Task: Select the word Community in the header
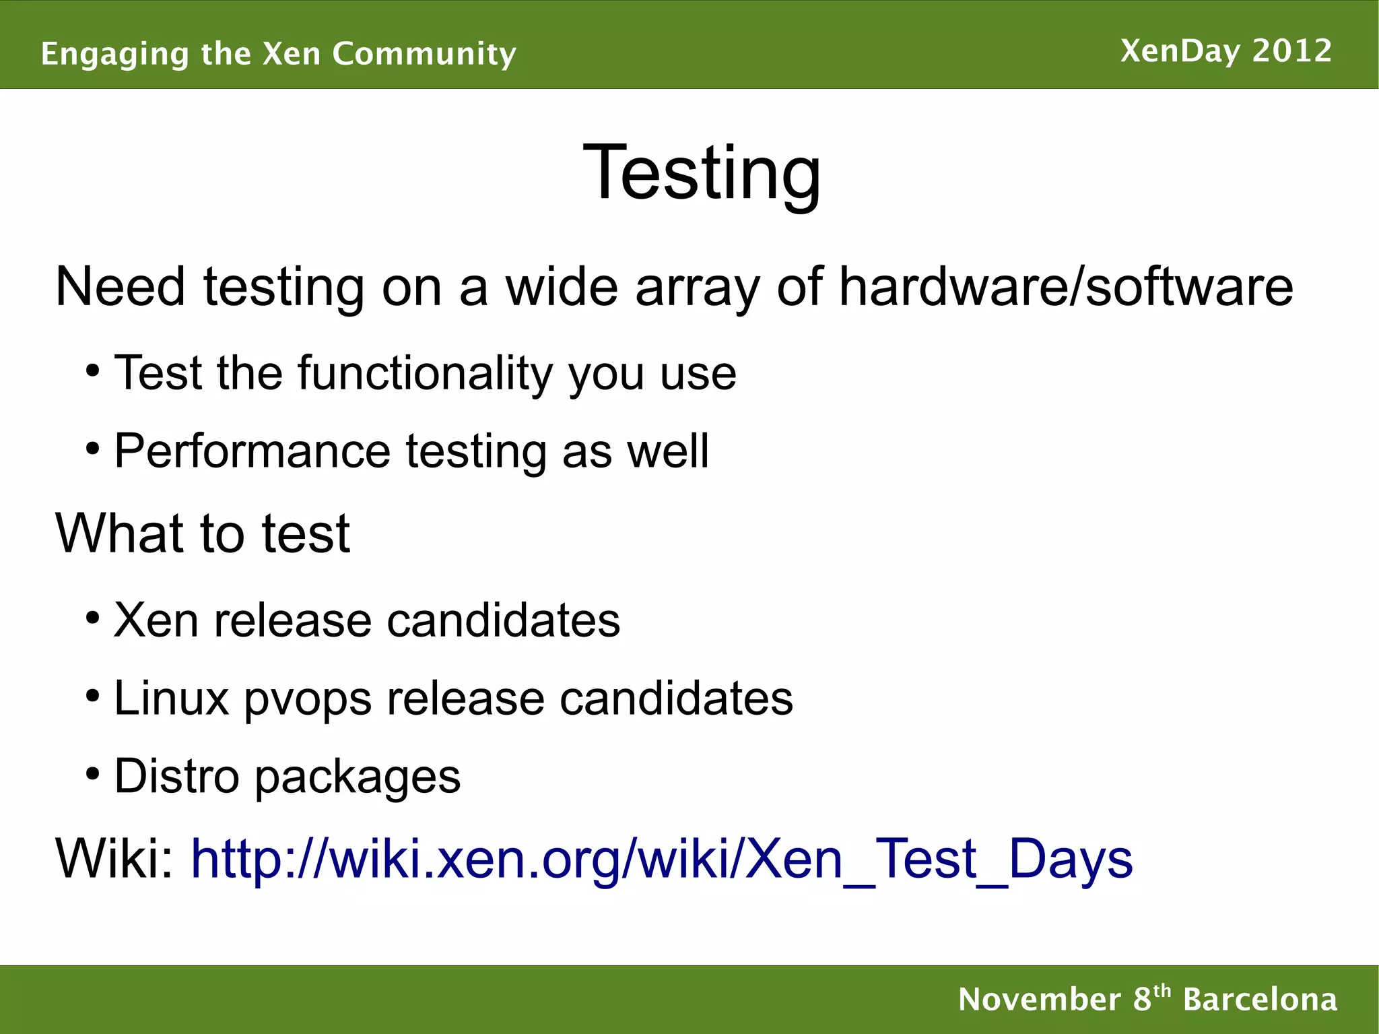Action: [x=424, y=54]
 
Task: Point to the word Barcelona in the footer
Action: [x=1260, y=1000]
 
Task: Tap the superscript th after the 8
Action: [x=1162, y=991]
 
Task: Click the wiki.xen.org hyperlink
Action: [x=662, y=859]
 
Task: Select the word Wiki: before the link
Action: [x=115, y=859]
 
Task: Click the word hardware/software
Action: [x=1066, y=287]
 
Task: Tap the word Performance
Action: [x=253, y=451]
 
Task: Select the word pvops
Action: [x=308, y=699]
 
